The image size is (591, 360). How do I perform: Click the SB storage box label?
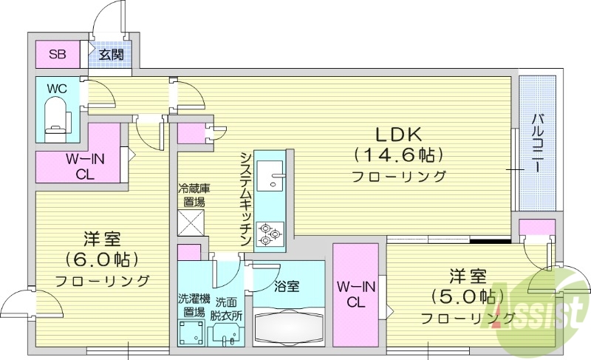[x=57, y=53]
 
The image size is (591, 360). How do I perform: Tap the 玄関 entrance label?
[x=111, y=53]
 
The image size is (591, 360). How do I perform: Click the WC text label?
[x=57, y=89]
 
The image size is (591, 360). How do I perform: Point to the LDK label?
[x=398, y=135]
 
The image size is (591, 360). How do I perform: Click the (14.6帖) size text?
[x=398, y=155]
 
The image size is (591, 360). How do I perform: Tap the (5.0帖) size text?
[x=465, y=296]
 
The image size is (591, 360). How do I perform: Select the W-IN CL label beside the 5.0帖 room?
[x=353, y=294]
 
